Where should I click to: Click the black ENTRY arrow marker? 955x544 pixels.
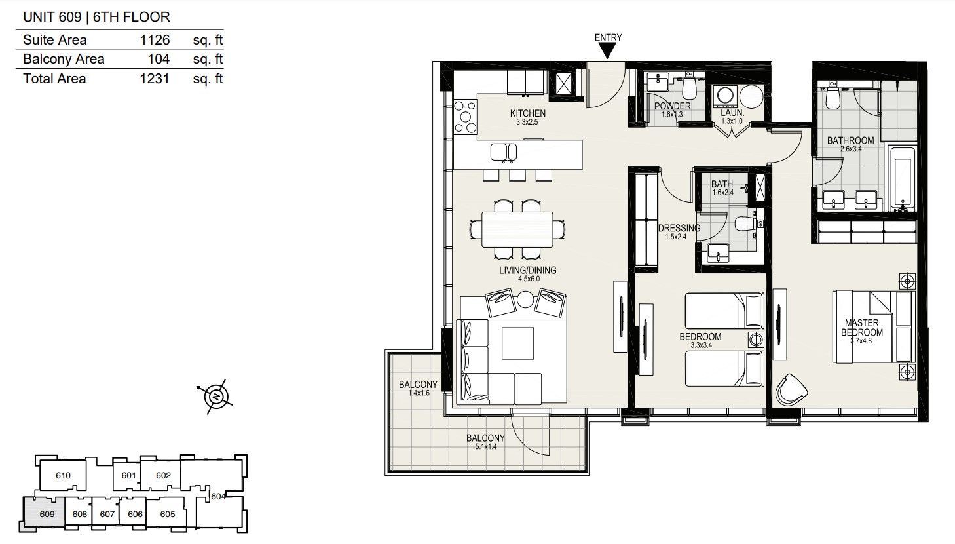[607, 51]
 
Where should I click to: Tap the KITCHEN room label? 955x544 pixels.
[527, 113]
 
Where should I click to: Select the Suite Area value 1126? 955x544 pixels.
[155, 40]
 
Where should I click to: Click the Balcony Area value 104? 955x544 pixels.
[159, 59]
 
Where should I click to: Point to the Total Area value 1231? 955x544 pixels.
[155, 79]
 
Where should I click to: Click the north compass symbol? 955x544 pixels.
[216, 397]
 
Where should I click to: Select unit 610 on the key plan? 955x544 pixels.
[63, 475]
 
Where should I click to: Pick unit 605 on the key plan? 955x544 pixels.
[167, 514]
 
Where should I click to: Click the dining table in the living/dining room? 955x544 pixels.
[517, 229]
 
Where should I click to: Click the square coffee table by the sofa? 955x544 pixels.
[517, 343]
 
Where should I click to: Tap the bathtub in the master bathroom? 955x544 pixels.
[902, 178]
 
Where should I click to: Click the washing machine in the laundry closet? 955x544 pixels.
[724, 96]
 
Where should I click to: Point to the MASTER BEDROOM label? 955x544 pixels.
[861, 328]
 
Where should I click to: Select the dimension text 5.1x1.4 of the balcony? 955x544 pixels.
[485, 447]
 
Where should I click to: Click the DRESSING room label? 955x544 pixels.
[679, 228]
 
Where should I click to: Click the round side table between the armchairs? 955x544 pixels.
[525, 299]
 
